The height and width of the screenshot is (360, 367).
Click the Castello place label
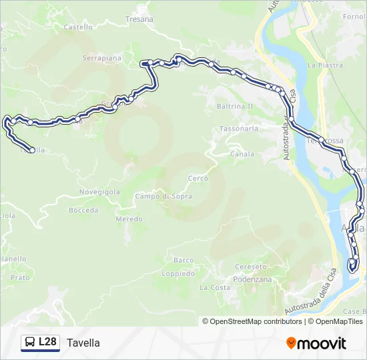point(78,27)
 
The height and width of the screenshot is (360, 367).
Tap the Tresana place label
point(139,19)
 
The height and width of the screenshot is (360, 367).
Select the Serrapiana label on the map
point(102,59)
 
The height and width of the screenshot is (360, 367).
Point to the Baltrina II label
point(236,106)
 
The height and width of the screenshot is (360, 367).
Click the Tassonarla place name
point(238,128)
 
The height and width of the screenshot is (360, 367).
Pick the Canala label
point(242,154)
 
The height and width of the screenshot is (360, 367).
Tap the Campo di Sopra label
point(163,197)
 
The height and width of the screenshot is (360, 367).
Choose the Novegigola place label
point(99,192)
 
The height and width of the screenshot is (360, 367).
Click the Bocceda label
point(83,210)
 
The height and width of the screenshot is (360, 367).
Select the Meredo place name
point(129,219)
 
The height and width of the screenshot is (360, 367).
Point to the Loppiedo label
point(179,274)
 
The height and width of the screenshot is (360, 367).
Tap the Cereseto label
point(251,267)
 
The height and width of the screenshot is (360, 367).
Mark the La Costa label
point(215,288)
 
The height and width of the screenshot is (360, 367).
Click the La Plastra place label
point(325,65)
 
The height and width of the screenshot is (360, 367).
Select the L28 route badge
point(41,343)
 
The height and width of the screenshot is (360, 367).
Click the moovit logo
point(316,343)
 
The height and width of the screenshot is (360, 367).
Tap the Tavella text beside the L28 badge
point(83,343)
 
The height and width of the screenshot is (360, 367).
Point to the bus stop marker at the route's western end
point(32,150)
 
